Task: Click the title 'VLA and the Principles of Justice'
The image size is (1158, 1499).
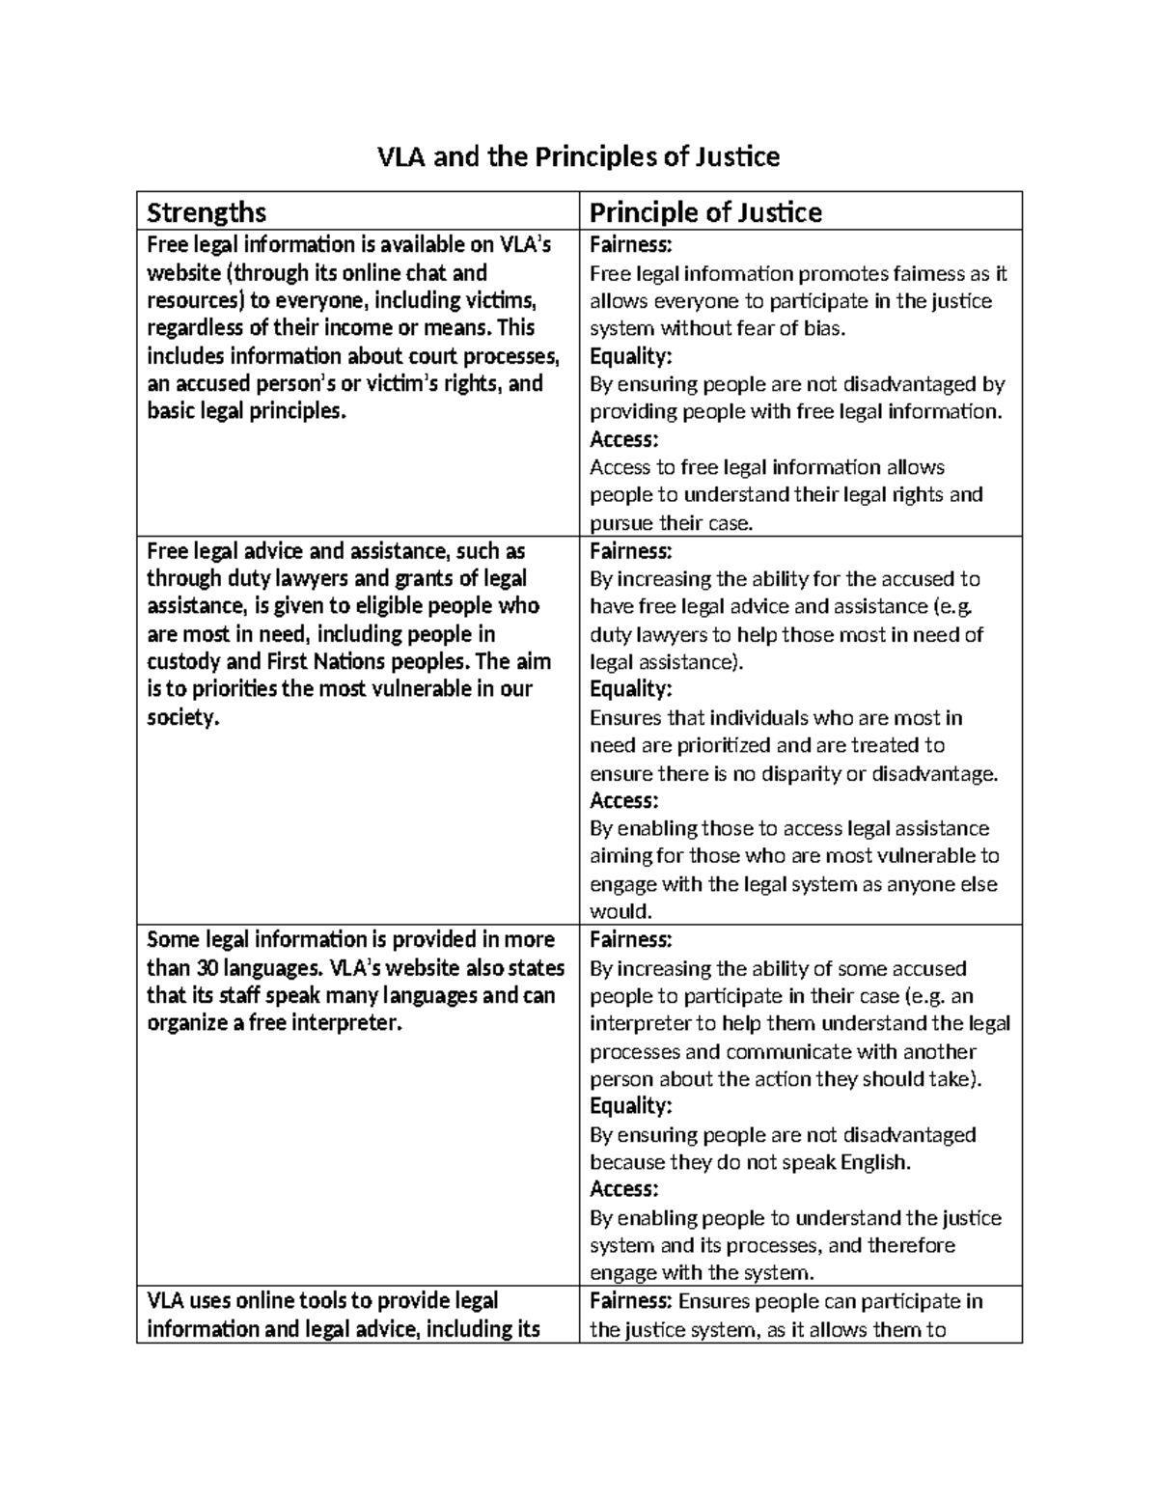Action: pyautogui.click(x=578, y=156)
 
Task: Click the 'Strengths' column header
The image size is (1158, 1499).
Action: pyautogui.click(x=206, y=212)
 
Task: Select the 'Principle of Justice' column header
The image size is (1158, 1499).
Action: pyautogui.click(x=705, y=212)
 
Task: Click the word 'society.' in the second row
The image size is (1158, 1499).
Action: pyautogui.click(x=183, y=718)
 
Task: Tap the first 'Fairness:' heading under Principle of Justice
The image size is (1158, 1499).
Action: pyautogui.click(x=630, y=245)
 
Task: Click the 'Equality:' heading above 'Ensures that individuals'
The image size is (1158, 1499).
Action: pyautogui.click(x=630, y=690)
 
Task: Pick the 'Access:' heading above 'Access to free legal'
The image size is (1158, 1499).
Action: pyautogui.click(x=623, y=440)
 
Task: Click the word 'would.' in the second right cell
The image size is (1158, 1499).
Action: pyautogui.click(x=621, y=912)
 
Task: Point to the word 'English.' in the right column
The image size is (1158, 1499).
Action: pyautogui.click(x=875, y=1163)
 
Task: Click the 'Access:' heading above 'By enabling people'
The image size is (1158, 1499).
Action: pyautogui.click(x=623, y=1190)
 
